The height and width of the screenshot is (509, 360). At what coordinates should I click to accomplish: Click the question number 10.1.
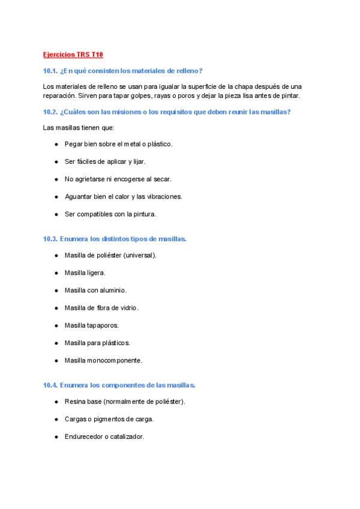tap(50, 71)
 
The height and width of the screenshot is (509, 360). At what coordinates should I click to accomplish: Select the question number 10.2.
tap(50, 112)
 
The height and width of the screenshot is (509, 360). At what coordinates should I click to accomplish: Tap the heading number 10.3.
tap(50, 238)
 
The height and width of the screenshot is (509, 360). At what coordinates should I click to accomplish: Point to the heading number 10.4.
tap(50, 385)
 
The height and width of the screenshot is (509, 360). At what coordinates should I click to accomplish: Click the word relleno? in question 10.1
tap(190, 71)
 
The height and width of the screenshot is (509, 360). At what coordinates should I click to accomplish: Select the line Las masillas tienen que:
tap(79, 127)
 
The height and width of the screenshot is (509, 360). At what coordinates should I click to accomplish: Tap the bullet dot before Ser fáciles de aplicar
tap(56, 161)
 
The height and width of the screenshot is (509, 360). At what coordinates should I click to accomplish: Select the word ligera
tap(96, 273)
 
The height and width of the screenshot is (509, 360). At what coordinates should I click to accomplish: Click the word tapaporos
tap(103, 325)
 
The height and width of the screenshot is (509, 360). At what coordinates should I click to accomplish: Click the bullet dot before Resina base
tap(56, 402)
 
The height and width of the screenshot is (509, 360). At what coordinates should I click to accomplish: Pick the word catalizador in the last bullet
tap(125, 436)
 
